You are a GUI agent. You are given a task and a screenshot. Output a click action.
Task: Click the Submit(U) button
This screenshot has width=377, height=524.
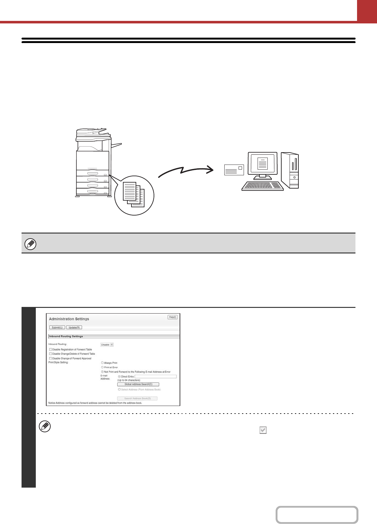click(x=57, y=327)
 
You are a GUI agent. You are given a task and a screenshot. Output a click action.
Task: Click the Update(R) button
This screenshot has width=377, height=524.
click(x=74, y=327)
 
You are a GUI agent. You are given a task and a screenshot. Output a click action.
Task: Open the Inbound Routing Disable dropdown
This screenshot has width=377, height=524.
click(x=107, y=345)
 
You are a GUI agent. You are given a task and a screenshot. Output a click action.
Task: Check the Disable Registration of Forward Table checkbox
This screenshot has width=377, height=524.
click(x=50, y=350)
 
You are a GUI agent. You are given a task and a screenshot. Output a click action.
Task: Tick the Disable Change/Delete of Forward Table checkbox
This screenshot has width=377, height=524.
click(x=50, y=354)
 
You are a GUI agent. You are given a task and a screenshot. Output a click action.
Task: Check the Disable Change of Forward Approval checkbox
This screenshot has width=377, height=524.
click(x=50, y=359)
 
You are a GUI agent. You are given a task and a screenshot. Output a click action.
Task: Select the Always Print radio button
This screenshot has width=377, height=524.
click(x=102, y=363)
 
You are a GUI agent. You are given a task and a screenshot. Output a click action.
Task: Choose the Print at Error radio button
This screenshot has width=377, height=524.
click(x=102, y=367)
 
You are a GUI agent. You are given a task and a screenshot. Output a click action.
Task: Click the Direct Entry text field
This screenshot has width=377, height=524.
click(x=156, y=377)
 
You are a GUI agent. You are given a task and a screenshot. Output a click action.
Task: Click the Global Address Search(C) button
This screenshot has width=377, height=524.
click(x=138, y=384)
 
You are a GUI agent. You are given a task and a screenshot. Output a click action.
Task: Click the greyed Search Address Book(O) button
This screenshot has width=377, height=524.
click(x=137, y=398)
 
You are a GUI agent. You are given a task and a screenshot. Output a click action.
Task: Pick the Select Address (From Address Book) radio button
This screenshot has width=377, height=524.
click(x=119, y=390)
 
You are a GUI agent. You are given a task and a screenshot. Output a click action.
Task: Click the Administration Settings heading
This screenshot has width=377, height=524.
click(x=69, y=319)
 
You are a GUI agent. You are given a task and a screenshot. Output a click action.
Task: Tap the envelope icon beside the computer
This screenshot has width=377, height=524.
click(x=234, y=170)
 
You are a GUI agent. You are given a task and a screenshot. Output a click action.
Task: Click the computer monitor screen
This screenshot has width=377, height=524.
click(x=263, y=163)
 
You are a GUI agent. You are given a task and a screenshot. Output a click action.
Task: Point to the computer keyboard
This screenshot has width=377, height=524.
click(x=263, y=186)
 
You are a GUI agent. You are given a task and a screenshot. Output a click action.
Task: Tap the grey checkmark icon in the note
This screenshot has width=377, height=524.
click(x=263, y=430)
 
